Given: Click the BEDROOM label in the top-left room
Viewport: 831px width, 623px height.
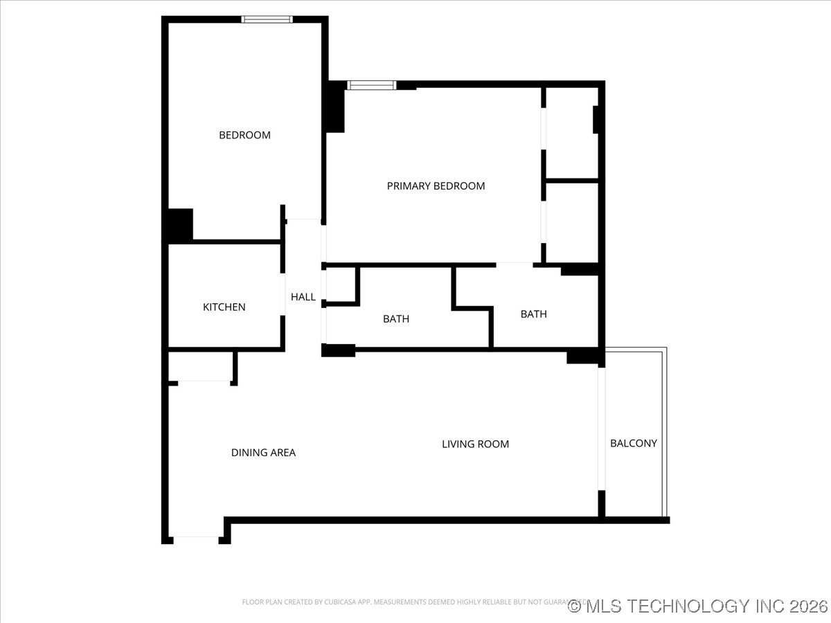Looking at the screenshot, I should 244,135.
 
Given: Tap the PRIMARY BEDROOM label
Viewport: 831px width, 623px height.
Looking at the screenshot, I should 436,186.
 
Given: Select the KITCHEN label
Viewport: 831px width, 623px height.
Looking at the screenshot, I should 224,307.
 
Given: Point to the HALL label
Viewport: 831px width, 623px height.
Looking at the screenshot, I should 303,297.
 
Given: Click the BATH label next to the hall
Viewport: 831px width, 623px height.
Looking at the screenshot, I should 395,319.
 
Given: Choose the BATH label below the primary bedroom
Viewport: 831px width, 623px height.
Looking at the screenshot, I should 533,314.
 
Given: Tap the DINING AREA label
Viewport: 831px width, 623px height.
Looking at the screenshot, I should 263,453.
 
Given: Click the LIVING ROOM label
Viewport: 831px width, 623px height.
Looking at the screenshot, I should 475,444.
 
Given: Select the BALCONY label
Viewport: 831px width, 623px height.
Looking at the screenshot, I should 633,443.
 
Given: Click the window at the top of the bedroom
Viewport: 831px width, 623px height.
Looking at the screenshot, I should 267,19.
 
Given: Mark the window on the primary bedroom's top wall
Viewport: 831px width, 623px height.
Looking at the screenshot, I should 371,85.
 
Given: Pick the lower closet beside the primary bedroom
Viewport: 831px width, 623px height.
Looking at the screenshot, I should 571,222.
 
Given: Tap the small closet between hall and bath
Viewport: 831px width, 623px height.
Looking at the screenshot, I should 341,285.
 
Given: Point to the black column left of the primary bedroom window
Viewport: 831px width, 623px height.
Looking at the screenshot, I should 336,107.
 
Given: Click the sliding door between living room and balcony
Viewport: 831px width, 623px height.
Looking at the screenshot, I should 602,429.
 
